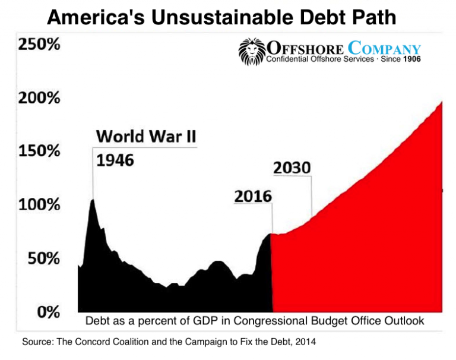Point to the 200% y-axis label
point(39,99)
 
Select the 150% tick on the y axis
point(39,151)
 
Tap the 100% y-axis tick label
point(39,205)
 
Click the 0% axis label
point(47,311)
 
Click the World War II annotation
point(146,136)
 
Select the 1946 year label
point(115,160)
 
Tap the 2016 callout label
point(252,196)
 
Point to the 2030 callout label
point(292,168)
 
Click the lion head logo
point(251,52)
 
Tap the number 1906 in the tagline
point(411,59)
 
